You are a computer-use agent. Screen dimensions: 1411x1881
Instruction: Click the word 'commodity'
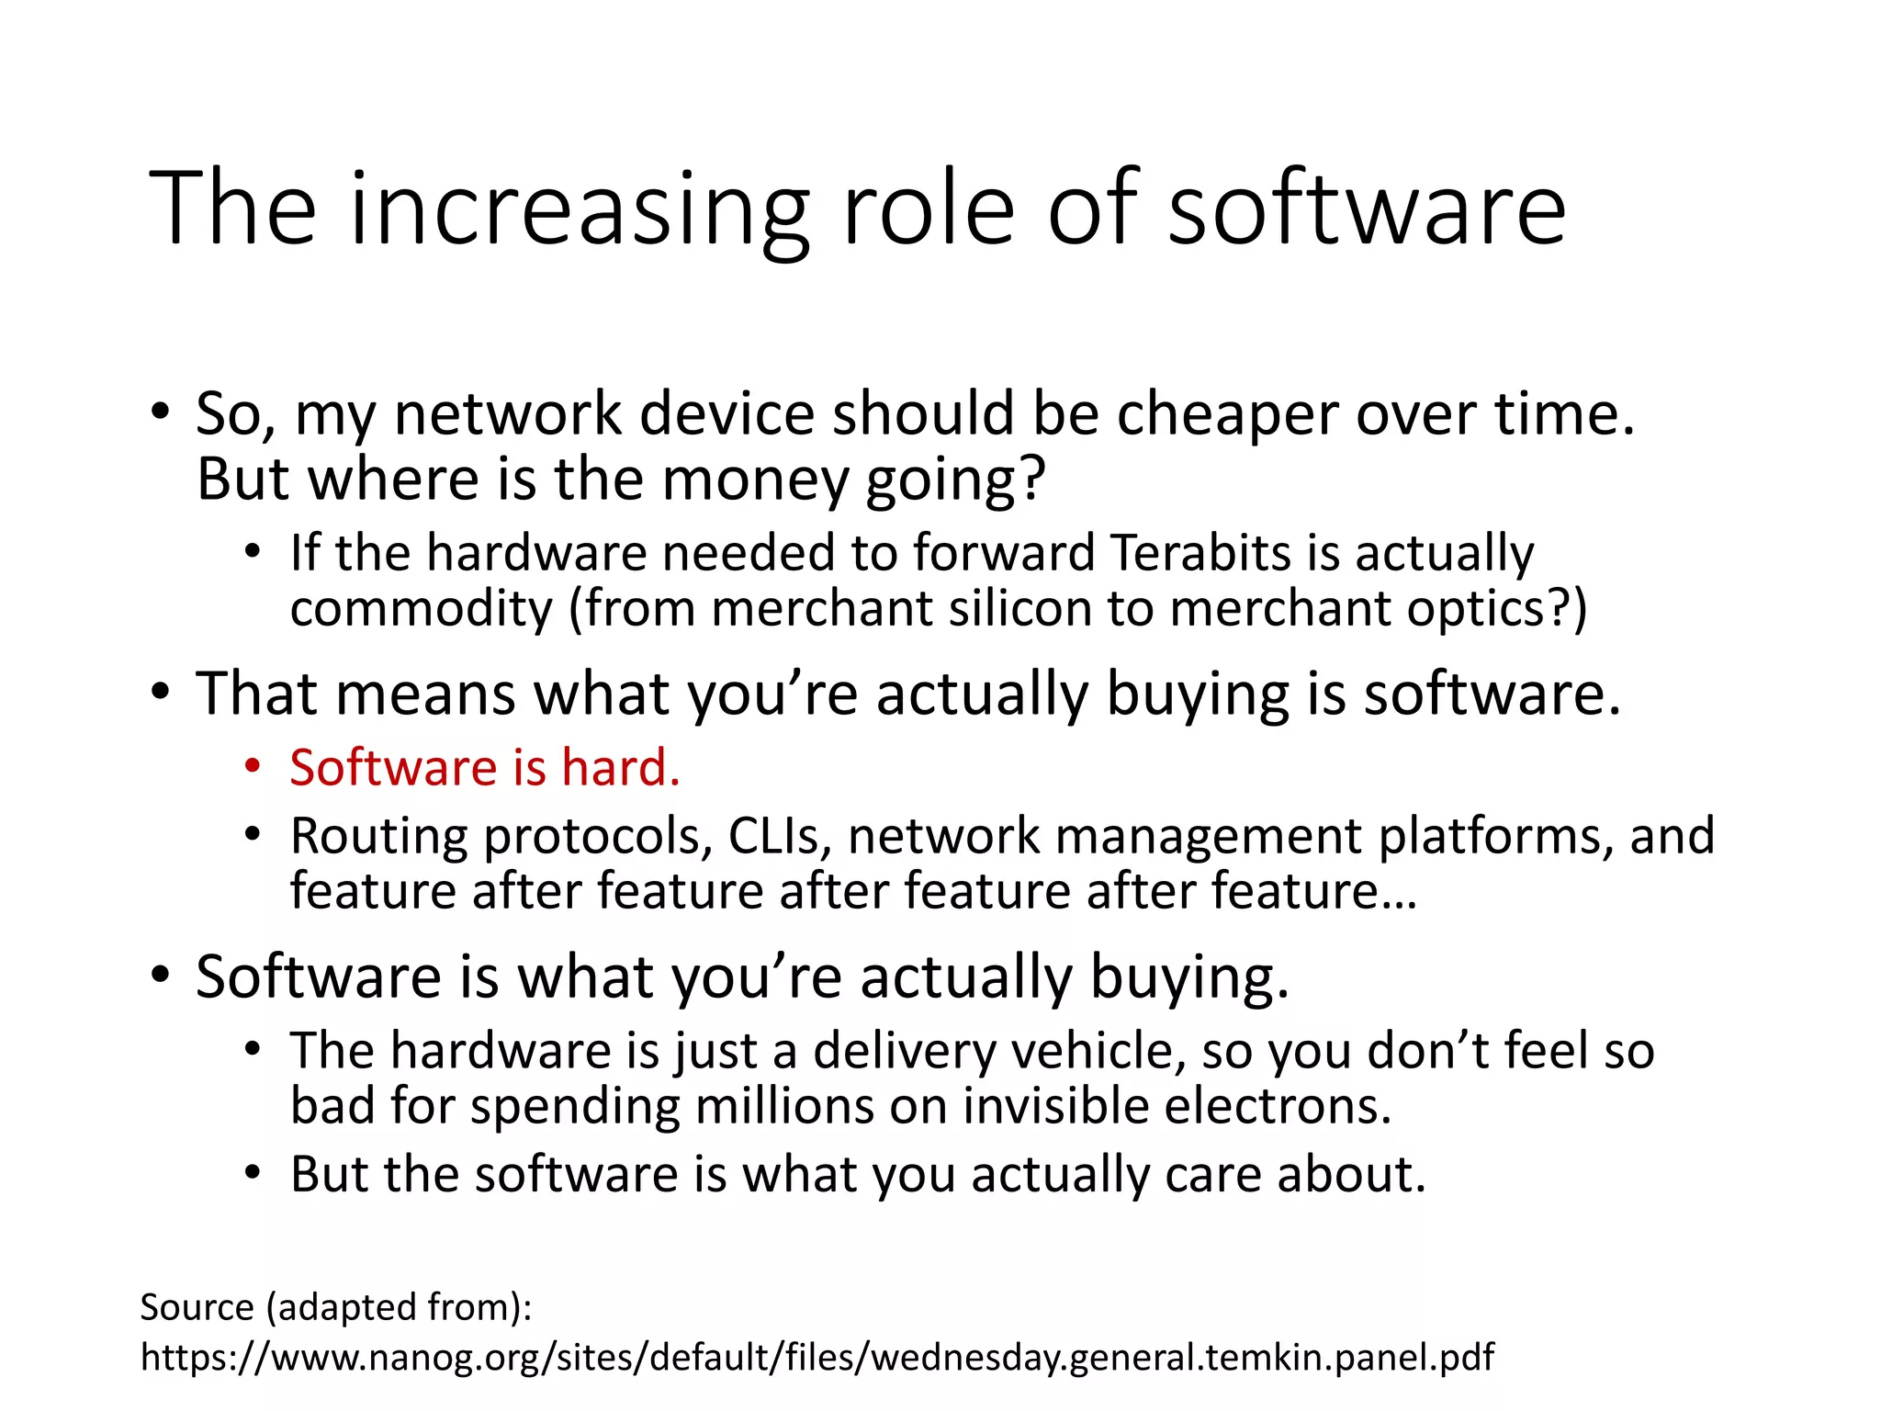[422, 609]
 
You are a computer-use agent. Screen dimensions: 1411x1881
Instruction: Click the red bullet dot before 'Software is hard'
[253, 766]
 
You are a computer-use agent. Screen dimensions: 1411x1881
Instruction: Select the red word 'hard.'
[621, 768]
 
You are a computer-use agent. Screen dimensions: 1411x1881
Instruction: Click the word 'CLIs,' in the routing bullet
[780, 837]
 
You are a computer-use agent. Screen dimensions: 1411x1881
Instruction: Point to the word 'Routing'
[379, 837]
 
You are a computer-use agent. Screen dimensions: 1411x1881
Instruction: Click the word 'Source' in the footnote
[197, 1307]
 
